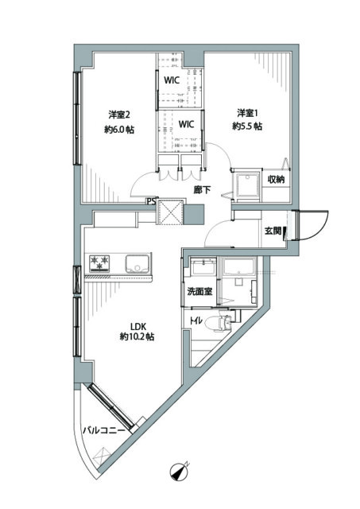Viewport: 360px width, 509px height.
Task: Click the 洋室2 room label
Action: pos(119,115)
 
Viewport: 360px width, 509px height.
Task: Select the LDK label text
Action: pos(137,325)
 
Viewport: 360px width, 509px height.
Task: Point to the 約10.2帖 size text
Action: pos(137,337)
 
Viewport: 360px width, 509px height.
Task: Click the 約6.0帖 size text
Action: pos(119,130)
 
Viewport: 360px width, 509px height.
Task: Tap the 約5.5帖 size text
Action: pos(247,126)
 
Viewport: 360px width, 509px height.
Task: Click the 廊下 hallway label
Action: pos(202,190)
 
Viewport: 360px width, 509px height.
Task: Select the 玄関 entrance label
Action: pos(273,231)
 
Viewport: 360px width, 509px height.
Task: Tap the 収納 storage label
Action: pos(276,180)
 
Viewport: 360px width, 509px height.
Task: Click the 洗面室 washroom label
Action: pos(199,291)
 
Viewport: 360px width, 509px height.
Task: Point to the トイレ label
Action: pos(197,321)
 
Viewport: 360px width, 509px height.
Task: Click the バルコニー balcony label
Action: pos(103,431)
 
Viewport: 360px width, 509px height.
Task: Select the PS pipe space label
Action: pos(151,201)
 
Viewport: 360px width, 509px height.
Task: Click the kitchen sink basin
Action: pos(137,264)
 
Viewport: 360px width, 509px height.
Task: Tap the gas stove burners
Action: pos(99,263)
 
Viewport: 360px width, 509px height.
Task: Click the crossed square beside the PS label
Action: pos(169,212)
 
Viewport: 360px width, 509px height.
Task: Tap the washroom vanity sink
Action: pos(203,268)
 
